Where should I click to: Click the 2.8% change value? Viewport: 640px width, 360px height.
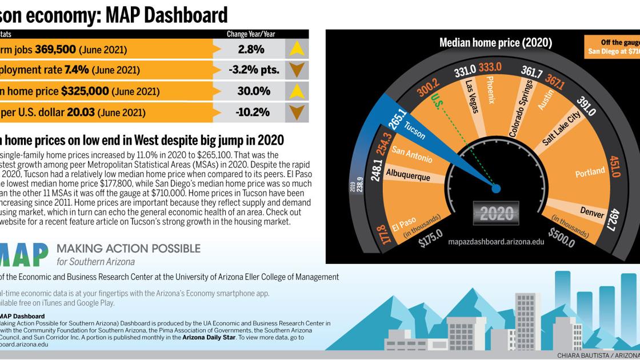tap(251, 49)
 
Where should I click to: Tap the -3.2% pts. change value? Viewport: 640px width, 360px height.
tap(254, 70)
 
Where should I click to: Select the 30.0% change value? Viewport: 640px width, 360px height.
tap(254, 91)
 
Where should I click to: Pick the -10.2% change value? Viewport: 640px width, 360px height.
tap(252, 112)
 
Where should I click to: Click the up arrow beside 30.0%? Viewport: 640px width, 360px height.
tap(297, 91)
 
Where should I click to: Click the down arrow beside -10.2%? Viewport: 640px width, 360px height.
tap(297, 112)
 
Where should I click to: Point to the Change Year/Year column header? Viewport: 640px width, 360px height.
tap(251, 34)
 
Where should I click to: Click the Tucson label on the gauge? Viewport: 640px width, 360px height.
tap(415, 130)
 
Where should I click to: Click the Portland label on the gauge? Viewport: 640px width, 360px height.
tap(590, 171)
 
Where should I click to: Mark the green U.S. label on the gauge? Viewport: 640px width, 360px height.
tap(437, 103)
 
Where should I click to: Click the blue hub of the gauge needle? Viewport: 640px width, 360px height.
tap(496, 188)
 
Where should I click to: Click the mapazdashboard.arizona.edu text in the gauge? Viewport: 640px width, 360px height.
tap(496, 242)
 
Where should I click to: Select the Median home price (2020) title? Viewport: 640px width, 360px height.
tap(495, 43)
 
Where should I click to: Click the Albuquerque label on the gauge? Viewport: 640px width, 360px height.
tap(407, 174)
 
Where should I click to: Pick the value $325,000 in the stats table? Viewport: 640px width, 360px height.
tap(85, 91)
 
